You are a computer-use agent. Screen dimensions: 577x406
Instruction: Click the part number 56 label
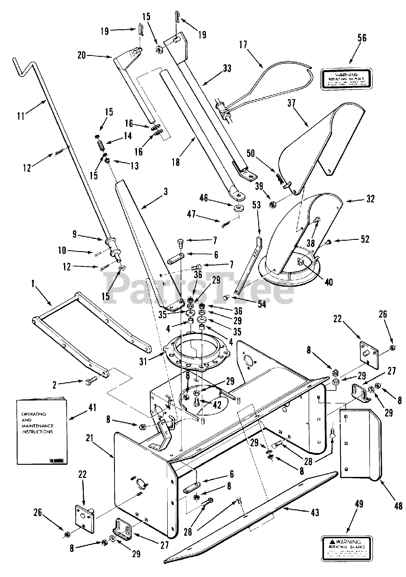362,38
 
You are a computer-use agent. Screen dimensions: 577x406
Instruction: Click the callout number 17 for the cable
243,45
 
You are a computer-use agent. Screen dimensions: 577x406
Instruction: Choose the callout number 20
82,55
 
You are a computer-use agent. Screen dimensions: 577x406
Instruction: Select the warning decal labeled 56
346,78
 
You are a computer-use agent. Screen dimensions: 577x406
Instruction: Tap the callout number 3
165,191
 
